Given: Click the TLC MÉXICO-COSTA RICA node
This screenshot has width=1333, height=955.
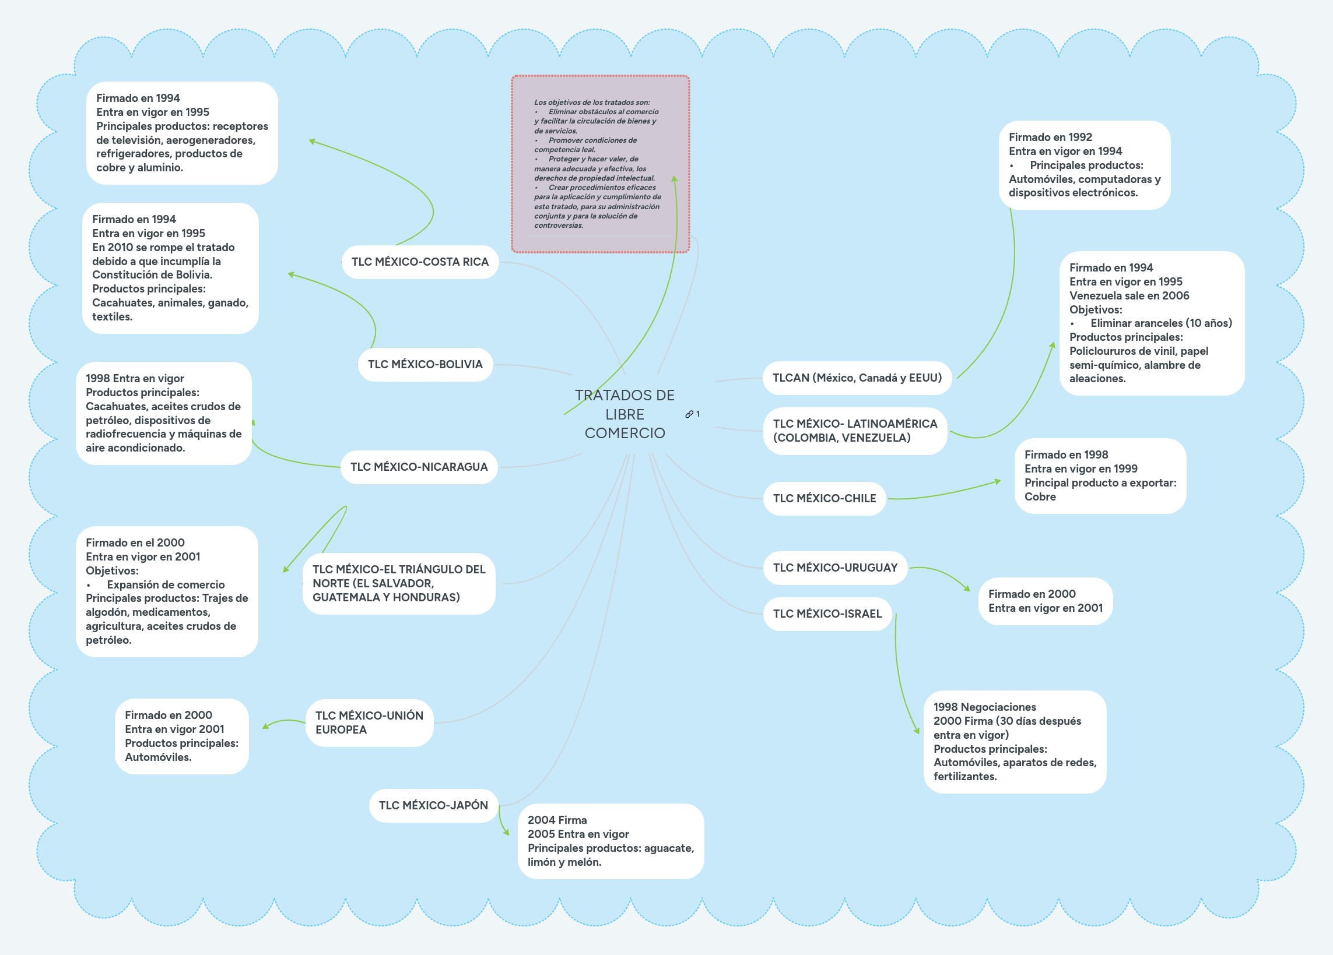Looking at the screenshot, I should (420, 262).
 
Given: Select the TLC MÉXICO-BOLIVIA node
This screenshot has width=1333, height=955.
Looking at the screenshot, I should (425, 364).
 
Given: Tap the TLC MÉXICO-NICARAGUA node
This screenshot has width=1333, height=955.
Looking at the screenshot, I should (419, 467).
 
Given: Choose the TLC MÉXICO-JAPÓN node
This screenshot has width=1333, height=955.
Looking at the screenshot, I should (433, 805).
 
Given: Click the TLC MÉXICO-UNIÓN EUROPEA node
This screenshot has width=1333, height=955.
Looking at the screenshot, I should (369, 723).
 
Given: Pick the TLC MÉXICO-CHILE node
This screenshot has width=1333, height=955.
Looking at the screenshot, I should (824, 498).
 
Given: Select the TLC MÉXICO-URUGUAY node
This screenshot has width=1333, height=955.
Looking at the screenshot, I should (834, 568).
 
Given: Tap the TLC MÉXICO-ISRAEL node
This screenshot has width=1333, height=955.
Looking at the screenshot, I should (827, 614).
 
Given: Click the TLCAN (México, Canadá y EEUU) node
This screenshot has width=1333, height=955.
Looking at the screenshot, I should (857, 378).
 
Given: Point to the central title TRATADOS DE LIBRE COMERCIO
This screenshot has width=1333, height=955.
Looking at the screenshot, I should (624, 414).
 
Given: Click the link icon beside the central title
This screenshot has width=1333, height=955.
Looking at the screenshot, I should (689, 414).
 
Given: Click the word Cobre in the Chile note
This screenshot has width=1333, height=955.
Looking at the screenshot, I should (1040, 497).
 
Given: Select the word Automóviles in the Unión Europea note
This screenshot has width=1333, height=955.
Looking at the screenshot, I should (157, 757).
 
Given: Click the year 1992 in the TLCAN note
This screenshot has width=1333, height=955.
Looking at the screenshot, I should (1080, 137).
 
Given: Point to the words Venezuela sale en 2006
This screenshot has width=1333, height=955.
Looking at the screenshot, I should (1128, 295).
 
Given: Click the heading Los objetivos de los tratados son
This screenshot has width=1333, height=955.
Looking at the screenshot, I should (591, 102).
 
